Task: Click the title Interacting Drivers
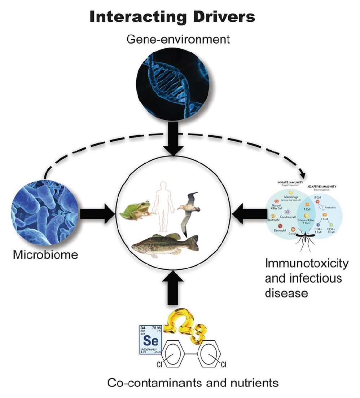coord(172,17)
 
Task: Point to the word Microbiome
coord(45,255)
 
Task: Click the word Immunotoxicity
coord(307,264)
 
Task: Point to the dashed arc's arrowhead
coord(301,173)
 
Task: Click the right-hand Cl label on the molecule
coord(223,365)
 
